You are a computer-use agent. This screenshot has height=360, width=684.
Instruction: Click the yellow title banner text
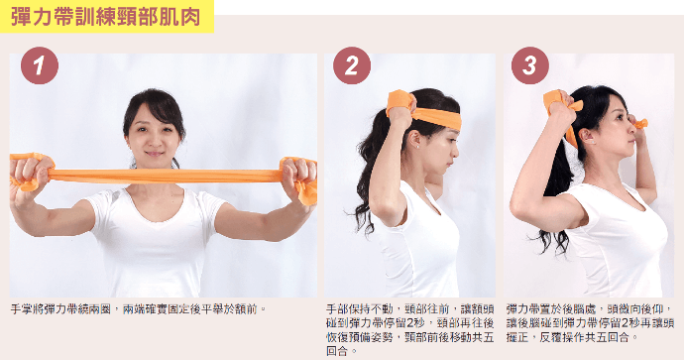(105, 17)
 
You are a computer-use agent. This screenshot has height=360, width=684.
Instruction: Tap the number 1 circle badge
(40, 65)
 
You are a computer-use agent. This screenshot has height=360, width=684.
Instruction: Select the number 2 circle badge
(352, 65)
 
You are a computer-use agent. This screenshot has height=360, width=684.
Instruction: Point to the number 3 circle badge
(529, 65)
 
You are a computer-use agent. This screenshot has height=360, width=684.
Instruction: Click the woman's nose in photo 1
(154, 141)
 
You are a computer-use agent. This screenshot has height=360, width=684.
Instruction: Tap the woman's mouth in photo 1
(154, 154)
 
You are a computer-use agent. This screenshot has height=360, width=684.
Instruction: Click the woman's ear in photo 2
(413, 140)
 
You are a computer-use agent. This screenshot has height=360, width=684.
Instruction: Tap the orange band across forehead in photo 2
(437, 117)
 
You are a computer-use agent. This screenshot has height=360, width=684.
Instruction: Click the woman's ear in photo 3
(586, 136)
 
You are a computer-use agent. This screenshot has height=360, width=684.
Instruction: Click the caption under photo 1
(138, 309)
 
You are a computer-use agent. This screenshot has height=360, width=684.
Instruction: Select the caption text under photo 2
(410, 329)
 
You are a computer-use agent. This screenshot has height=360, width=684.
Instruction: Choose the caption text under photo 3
(590, 323)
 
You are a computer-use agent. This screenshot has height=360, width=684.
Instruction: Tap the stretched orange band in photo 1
(164, 176)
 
